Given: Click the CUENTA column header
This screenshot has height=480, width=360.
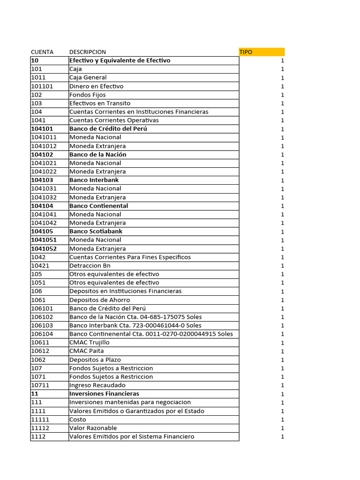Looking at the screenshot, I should pyautogui.click(x=42, y=52).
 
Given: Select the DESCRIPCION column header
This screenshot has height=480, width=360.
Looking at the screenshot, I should pyautogui.click(x=88, y=52).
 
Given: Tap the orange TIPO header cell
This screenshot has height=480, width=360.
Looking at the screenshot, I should pyautogui.click(x=261, y=52).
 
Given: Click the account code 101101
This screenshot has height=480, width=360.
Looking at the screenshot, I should pyautogui.click(x=42, y=86).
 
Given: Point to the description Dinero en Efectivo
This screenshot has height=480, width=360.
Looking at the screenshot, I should pyautogui.click(x=97, y=86).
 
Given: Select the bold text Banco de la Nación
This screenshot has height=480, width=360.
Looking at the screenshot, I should pyautogui.click(x=98, y=155).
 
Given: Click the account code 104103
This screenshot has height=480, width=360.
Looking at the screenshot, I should pyautogui.click(x=42, y=180).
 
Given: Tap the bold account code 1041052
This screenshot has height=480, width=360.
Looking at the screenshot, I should pyautogui.click(x=44, y=249).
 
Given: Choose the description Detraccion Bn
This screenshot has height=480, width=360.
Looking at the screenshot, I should pyautogui.click(x=90, y=266).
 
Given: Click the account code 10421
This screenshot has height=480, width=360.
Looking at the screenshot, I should pyautogui.click(x=40, y=266).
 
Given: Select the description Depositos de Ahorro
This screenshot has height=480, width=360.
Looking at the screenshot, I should pyautogui.click(x=100, y=300).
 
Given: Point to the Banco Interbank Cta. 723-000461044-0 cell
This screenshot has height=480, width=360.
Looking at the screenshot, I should pyautogui.click(x=135, y=325).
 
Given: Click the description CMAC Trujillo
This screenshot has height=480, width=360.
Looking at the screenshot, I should pyautogui.click(x=90, y=343).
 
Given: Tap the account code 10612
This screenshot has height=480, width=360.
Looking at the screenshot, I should pyautogui.click(x=40, y=351).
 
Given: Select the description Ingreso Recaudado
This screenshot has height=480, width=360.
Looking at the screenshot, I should pyautogui.click(x=97, y=385).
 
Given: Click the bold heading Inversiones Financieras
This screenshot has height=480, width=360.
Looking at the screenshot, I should pyautogui.click(x=104, y=394).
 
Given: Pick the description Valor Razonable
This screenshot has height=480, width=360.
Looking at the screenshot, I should pyautogui.click(x=93, y=428).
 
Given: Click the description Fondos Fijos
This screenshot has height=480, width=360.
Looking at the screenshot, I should pyautogui.click(x=88, y=95).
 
